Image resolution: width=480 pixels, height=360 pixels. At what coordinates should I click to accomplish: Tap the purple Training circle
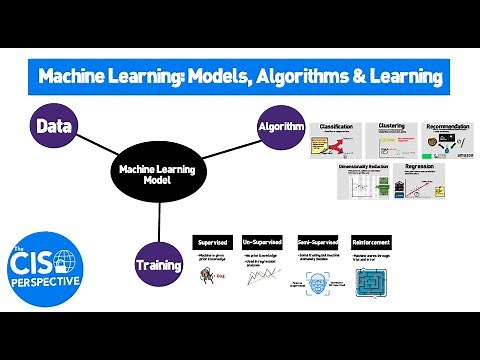click(x=158, y=265)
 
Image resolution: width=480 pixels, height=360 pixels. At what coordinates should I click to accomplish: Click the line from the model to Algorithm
click(x=222, y=148)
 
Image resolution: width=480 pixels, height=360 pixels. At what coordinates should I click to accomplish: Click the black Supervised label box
click(x=215, y=242)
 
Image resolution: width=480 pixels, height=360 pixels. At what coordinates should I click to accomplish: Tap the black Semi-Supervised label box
click(x=319, y=242)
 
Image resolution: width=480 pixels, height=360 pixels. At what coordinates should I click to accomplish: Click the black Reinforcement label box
click(x=373, y=242)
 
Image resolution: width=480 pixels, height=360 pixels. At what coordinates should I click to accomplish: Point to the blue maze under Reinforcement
click(x=373, y=283)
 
